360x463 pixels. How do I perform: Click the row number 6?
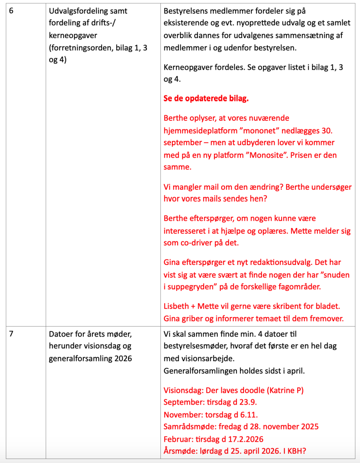coord(11,11)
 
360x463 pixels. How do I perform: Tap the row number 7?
coord(11,334)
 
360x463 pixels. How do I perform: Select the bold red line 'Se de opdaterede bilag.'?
coord(206,98)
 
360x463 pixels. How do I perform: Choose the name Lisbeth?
coord(176,307)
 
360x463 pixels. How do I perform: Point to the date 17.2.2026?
coord(242,439)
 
